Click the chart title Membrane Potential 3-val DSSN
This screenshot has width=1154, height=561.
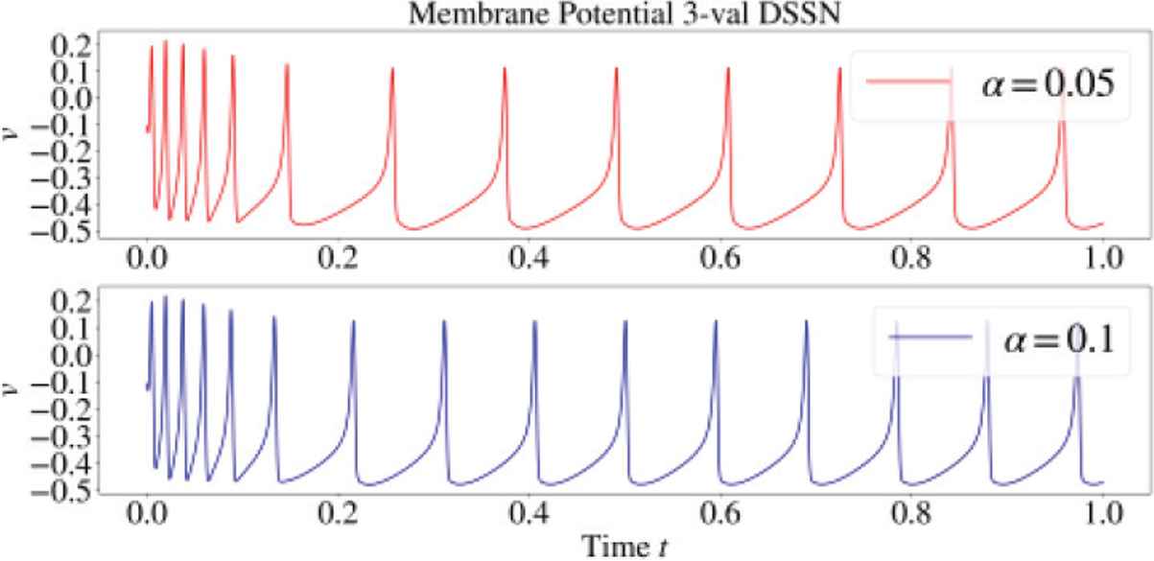575,13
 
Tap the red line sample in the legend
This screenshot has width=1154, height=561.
907,82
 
